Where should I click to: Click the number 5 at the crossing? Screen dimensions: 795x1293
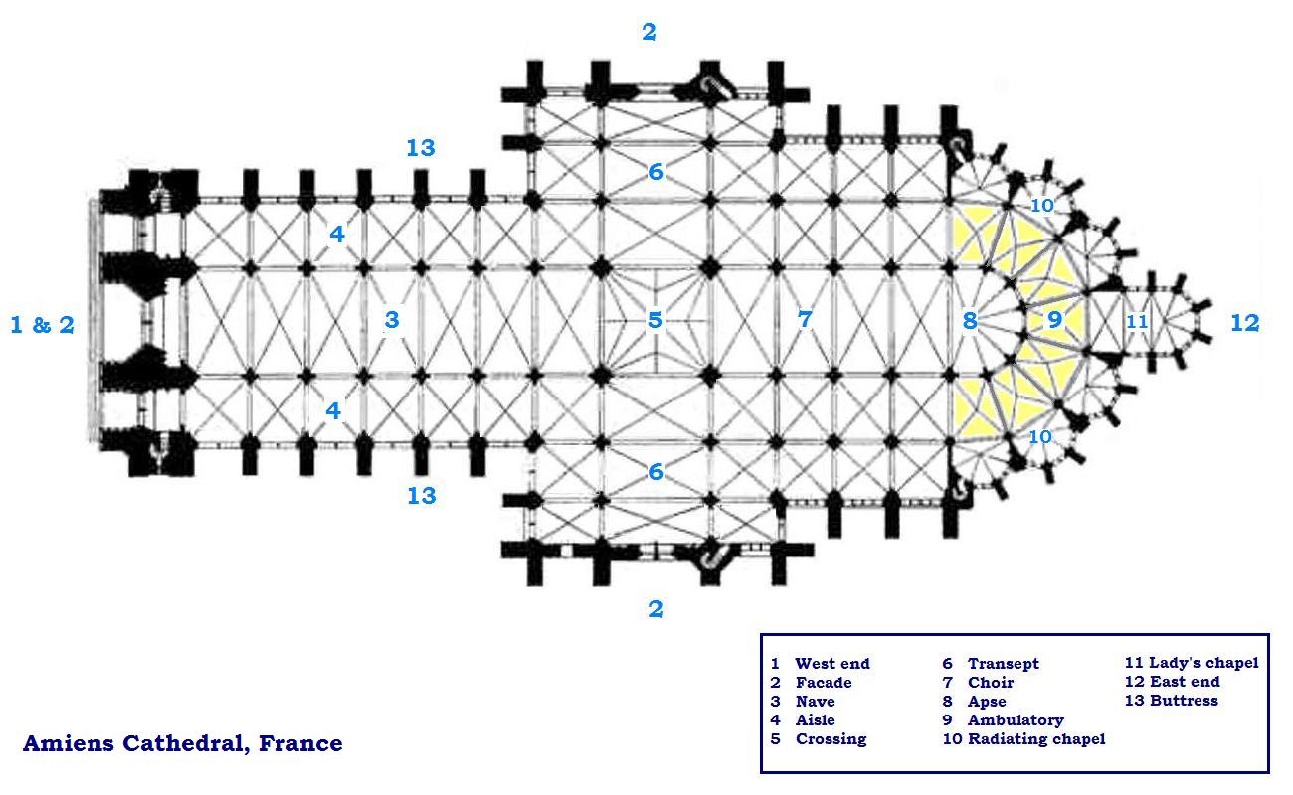[655, 320]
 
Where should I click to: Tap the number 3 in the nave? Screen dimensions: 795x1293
[392, 320]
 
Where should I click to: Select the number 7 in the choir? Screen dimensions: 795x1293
[805, 320]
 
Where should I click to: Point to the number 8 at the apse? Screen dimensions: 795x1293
[970, 321]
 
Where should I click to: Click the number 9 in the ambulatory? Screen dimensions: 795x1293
[1054, 320]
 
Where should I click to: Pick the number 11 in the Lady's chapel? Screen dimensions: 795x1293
[1137, 322]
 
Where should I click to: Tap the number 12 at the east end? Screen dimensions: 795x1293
[1244, 323]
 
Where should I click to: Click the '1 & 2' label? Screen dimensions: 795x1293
[42, 324]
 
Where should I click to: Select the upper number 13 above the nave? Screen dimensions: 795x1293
[421, 148]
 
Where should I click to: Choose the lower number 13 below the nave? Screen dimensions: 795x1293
[421, 495]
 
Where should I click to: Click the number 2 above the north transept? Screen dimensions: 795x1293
[649, 32]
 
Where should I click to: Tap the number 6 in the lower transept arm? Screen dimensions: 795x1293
[655, 472]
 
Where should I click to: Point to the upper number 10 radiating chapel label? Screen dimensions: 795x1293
[1041, 206]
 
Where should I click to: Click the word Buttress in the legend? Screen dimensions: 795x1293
[1184, 701]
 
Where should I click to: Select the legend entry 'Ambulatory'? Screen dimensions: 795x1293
[1016, 719]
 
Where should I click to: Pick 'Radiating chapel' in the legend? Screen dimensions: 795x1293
[1036, 738]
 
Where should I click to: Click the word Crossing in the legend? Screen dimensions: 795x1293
[831, 738]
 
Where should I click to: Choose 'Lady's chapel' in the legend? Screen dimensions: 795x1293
[1203, 663]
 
